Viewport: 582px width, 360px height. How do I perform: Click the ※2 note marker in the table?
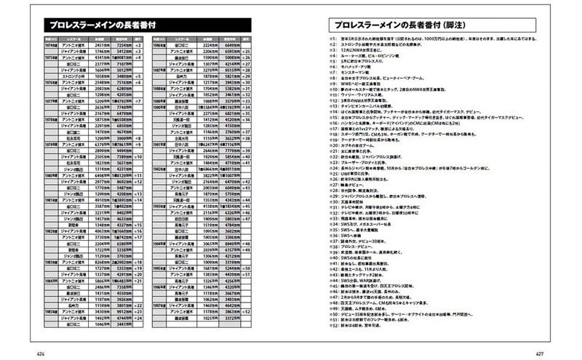coord(140,44)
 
